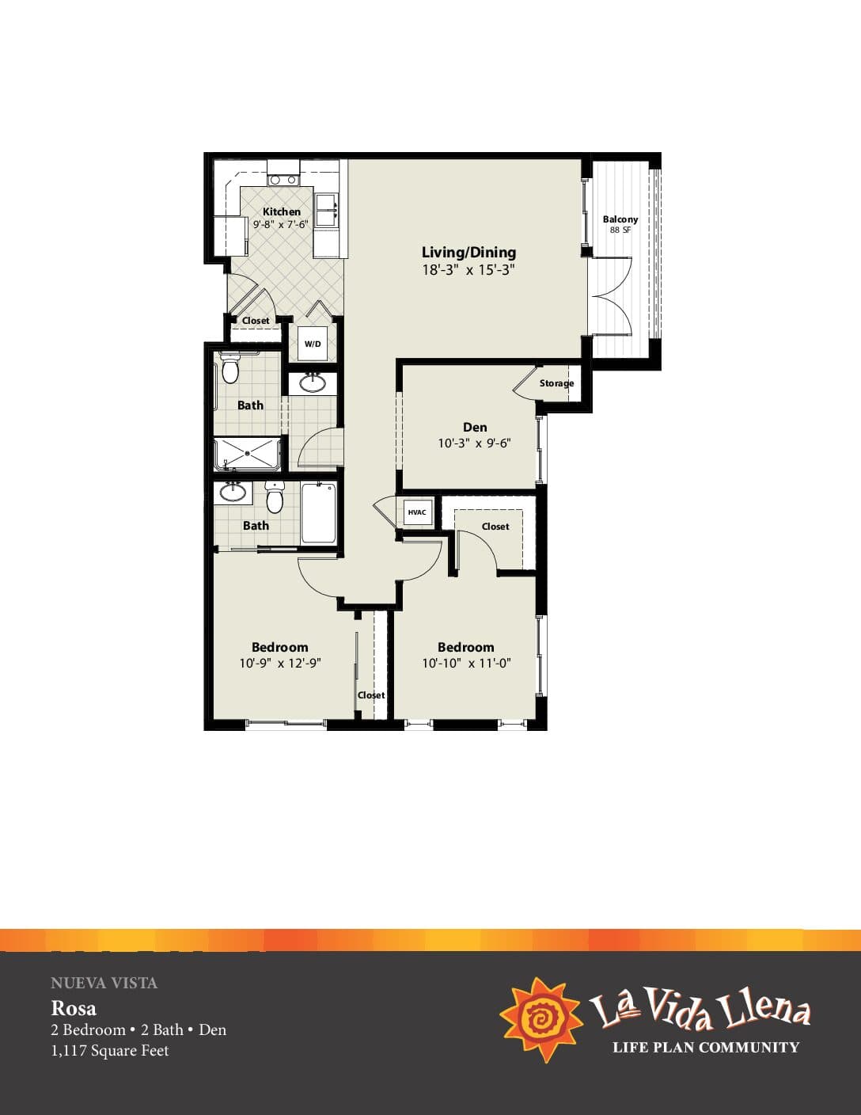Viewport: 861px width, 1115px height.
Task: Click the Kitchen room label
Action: click(282, 211)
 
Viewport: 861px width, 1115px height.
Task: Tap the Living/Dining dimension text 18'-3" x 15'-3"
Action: click(468, 270)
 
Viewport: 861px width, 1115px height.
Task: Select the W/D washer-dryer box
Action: click(313, 344)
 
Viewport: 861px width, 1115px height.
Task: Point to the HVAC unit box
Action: click(417, 512)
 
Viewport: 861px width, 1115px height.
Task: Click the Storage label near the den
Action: click(556, 383)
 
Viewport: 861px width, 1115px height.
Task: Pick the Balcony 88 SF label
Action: click(620, 224)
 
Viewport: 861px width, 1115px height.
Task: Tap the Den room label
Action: click(475, 427)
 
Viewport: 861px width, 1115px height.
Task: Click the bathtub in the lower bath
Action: click(318, 512)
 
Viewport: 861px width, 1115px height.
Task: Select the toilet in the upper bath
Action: click(229, 368)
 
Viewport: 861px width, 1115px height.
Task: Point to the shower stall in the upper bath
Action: click(247, 454)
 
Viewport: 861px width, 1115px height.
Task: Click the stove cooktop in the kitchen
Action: click(283, 180)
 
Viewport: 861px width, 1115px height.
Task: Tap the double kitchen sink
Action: click(326, 211)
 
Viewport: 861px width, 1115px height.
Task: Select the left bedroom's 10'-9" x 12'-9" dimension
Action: click(280, 664)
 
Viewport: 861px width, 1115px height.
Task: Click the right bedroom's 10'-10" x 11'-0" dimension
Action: click(466, 664)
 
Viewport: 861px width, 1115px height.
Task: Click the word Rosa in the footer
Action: click(74, 1008)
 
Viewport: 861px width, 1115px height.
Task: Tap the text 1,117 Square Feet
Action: click(110, 1050)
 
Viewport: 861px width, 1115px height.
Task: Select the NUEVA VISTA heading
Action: click(104, 983)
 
